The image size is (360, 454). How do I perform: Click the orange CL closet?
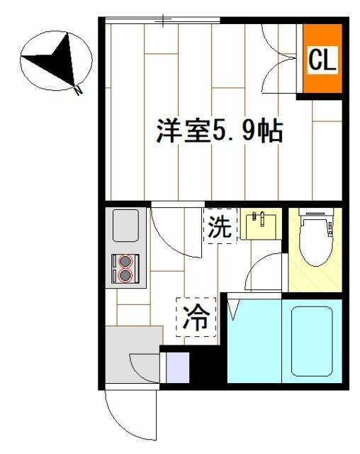pos(321,60)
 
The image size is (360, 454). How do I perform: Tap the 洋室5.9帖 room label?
pos(220,131)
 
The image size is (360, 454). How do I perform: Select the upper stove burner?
pos(125,260)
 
